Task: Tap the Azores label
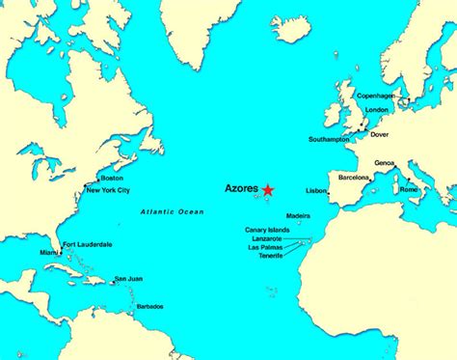click(241, 189)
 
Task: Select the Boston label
click(113, 179)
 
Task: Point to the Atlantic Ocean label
click(173, 211)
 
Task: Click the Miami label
click(49, 252)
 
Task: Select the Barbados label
click(149, 306)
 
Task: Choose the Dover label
click(381, 133)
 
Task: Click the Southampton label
click(329, 140)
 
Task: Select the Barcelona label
click(355, 179)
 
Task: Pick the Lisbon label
click(315, 191)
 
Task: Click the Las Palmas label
click(267, 247)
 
